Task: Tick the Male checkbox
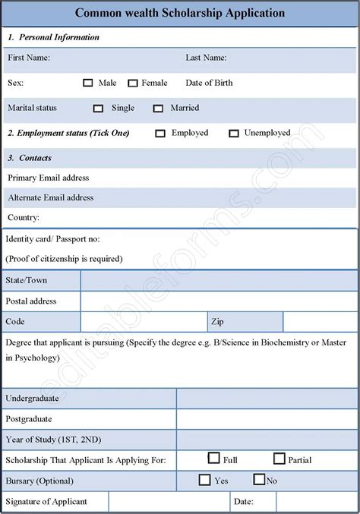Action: pos(88,83)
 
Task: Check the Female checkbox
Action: pos(133,83)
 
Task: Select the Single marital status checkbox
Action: pos(98,109)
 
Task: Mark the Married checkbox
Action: pos(158,109)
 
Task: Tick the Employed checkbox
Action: pos(160,134)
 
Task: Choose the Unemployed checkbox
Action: pos(234,134)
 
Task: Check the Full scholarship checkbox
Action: pos(213,459)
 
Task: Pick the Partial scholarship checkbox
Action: pos(279,459)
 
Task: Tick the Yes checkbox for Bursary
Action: pos(204,480)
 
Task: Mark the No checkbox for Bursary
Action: pos(259,480)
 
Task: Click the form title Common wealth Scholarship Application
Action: pos(180,13)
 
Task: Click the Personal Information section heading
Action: pos(58,37)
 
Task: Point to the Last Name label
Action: pos(206,58)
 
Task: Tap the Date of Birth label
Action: pos(209,83)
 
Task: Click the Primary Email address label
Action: pos(49,178)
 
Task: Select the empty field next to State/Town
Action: pos(219,281)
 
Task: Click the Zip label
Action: pos(217,322)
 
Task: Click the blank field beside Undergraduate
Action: pos(267,399)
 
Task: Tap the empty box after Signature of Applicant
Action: pos(169,502)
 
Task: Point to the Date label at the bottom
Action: pos(244,502)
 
